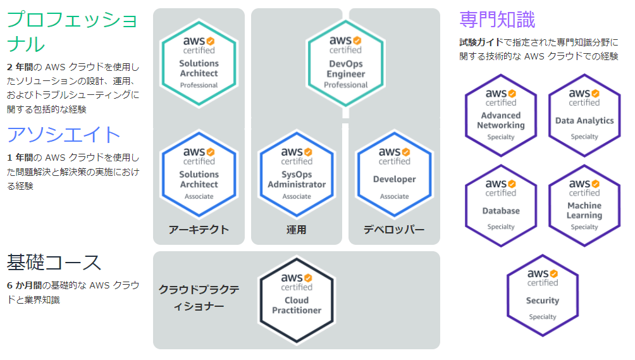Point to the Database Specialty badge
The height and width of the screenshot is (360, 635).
pos(501,205)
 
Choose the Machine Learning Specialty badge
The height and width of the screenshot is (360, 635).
pos(584,205)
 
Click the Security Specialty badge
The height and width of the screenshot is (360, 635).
pos(543,295)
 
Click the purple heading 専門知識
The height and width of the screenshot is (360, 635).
pos(497,20)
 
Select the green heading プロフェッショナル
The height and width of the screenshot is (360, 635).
pos(71,32)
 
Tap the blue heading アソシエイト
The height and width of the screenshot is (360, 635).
pos(63,135)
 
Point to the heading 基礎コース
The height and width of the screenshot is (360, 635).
pos(54,261)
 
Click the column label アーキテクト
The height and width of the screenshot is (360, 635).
pos(199,230)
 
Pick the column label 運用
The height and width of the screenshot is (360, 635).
pos(297,230)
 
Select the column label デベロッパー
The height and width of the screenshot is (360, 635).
pos(394,230)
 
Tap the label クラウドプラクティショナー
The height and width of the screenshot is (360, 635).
pos(199,298)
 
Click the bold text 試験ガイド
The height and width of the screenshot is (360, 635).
pos(480,42)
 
